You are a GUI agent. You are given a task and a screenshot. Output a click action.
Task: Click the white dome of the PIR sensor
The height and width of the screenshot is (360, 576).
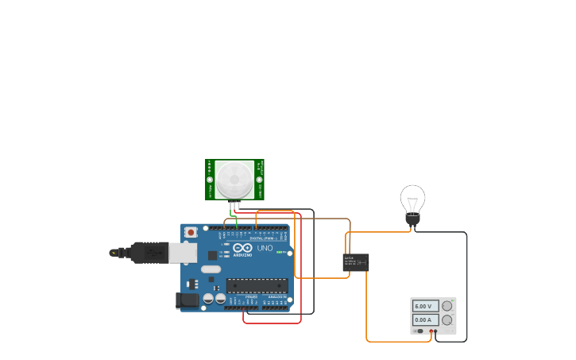coord(234,180)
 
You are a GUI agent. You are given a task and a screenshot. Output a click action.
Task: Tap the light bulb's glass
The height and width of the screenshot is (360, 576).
coord(412,198)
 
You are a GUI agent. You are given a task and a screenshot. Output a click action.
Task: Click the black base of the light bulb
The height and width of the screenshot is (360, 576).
coord(412,218)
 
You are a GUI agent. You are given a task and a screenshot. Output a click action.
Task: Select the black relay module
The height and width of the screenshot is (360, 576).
coord(356,262)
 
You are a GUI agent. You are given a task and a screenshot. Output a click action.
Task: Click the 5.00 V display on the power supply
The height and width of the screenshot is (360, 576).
coord(424,306)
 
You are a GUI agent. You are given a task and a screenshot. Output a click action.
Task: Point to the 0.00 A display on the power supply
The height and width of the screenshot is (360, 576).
coord(424,319)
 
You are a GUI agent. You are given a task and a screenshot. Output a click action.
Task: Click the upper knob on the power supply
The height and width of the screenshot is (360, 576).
coord(446,306)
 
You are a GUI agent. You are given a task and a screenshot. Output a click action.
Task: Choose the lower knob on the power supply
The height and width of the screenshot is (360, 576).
coord(446,319)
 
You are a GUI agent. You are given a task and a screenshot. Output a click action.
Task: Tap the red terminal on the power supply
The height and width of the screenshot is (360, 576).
coord(431,331)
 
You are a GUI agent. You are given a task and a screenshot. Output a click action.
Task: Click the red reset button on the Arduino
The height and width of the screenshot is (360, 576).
coord(191,232)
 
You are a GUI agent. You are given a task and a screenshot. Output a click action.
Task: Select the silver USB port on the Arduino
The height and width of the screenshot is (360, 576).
coord(182,253)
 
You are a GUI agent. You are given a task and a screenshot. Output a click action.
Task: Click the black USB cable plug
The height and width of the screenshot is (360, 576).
coord(147,253)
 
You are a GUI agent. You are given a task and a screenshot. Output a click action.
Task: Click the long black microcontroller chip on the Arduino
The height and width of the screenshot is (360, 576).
coord(257,285)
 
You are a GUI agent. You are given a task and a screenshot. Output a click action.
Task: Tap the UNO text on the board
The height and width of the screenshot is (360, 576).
coord(265,249)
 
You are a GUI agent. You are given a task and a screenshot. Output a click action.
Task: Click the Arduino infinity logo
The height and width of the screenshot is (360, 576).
coord(242,248)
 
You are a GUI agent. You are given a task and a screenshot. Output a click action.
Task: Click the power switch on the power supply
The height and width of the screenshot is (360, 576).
coord(419,331)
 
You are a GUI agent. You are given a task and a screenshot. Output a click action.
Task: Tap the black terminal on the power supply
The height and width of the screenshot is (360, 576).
coord(436,331)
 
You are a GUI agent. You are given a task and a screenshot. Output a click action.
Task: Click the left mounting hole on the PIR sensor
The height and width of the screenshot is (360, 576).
coord(211,180)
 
